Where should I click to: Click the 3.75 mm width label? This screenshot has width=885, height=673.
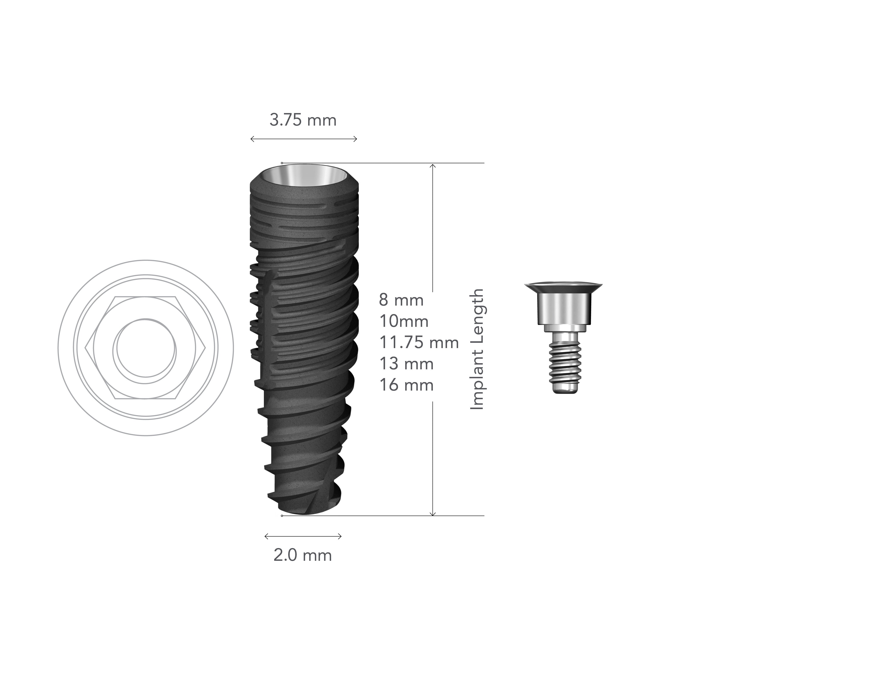[x=303, y=120]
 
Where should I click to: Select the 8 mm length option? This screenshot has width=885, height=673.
[x=401, y=300]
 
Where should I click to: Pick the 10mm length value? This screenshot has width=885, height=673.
[x=404, y=321]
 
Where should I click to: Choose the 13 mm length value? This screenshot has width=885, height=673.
[x=406, y=364]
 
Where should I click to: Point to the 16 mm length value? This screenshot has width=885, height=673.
[x=406, y=385]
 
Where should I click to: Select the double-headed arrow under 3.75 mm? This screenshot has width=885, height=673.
[x=303, y=139]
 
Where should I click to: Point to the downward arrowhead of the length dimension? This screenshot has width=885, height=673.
[x=432, y=513]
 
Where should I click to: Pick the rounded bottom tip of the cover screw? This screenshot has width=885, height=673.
[x=564, y=389]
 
